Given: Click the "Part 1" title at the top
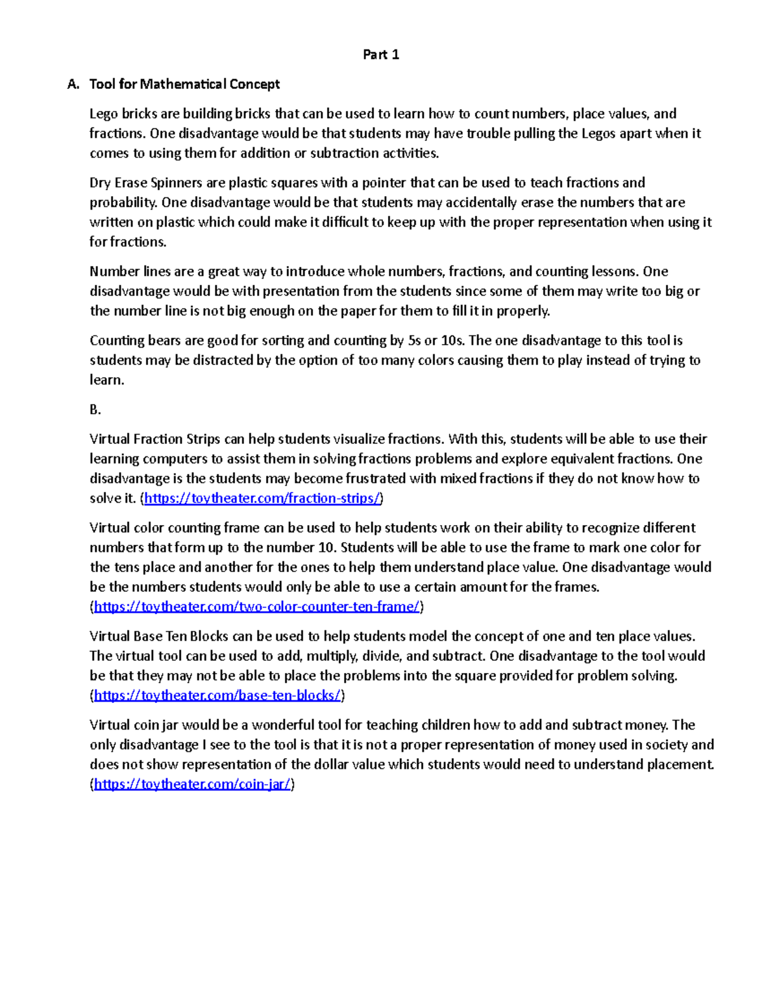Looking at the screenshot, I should click(x=380, y=55).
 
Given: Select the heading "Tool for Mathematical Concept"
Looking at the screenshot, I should click(x=184, y=84).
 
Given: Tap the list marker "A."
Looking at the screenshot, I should click(x=74, y=84).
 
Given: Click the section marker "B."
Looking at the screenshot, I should click(x=95, y=410).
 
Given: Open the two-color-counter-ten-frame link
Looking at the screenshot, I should click(x=257, y=607).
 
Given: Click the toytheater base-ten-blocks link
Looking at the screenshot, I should click(x=218, y=696).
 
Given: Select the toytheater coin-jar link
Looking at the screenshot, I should click(x=192, y=785).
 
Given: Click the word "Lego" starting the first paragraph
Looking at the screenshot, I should click(x=104, y=114).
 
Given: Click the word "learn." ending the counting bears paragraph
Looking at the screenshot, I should click(x=107, y=380).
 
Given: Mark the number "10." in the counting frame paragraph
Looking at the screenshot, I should click(x=327, y=547).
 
